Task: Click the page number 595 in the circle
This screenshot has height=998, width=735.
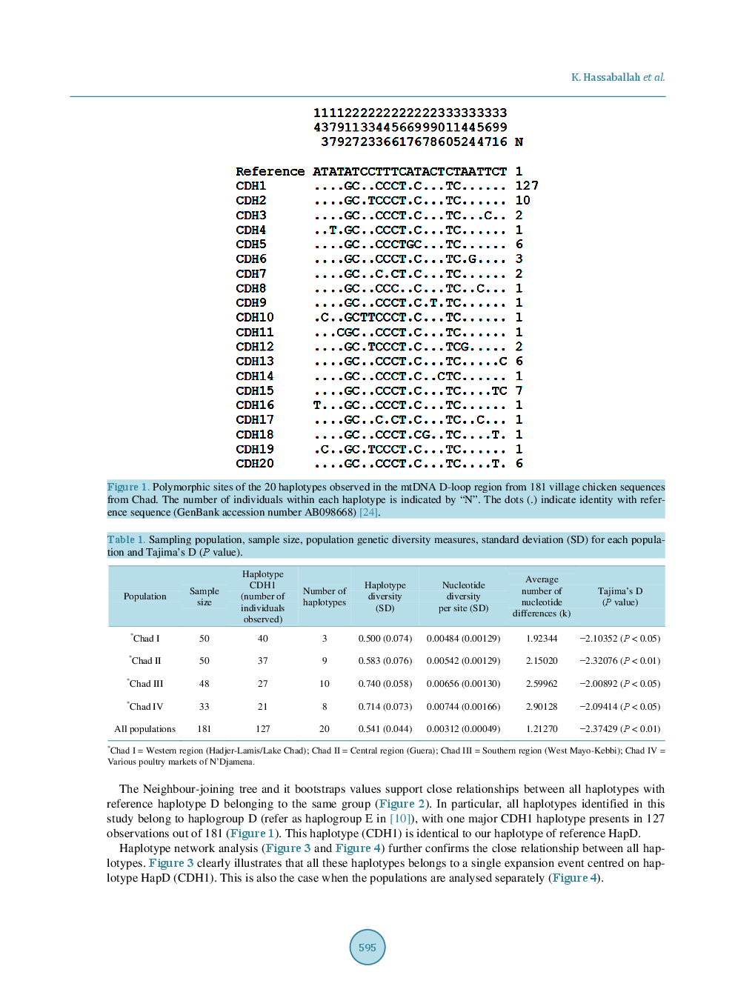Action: [x=367, y=948]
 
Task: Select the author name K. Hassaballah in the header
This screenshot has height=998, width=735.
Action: [x=605, y=77]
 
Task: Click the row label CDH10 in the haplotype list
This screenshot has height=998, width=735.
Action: [x=255, y=317]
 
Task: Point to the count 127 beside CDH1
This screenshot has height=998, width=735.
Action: [x=527, y=186]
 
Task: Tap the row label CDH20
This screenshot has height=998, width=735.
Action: [x=255, y=464]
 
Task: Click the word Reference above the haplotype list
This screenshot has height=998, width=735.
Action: [x=270, y=171]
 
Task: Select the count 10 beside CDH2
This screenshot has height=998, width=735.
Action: [x=522, y=201]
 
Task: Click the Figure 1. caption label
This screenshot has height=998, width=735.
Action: [x=128, y=487]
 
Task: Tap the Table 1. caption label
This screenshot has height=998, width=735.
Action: [x=126, y=539]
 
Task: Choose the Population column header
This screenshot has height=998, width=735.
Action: [x=145, y=596]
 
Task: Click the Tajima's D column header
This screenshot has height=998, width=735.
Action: [x=620, y=596]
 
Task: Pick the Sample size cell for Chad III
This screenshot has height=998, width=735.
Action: [x=204, y=684]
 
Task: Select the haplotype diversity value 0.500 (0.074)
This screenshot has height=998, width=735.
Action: [x=385, y=639]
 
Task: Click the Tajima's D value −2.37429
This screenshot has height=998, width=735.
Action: [x=619, y=729]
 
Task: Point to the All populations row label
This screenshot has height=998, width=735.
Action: [x=145, y=729]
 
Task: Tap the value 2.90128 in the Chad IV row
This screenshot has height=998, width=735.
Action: [x=542, y=707]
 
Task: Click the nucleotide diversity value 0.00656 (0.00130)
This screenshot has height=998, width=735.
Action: [x=463, y=684]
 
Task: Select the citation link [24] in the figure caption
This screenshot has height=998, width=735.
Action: [x=369, y=512]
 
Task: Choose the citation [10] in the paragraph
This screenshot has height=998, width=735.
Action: [x=400, y=819]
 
